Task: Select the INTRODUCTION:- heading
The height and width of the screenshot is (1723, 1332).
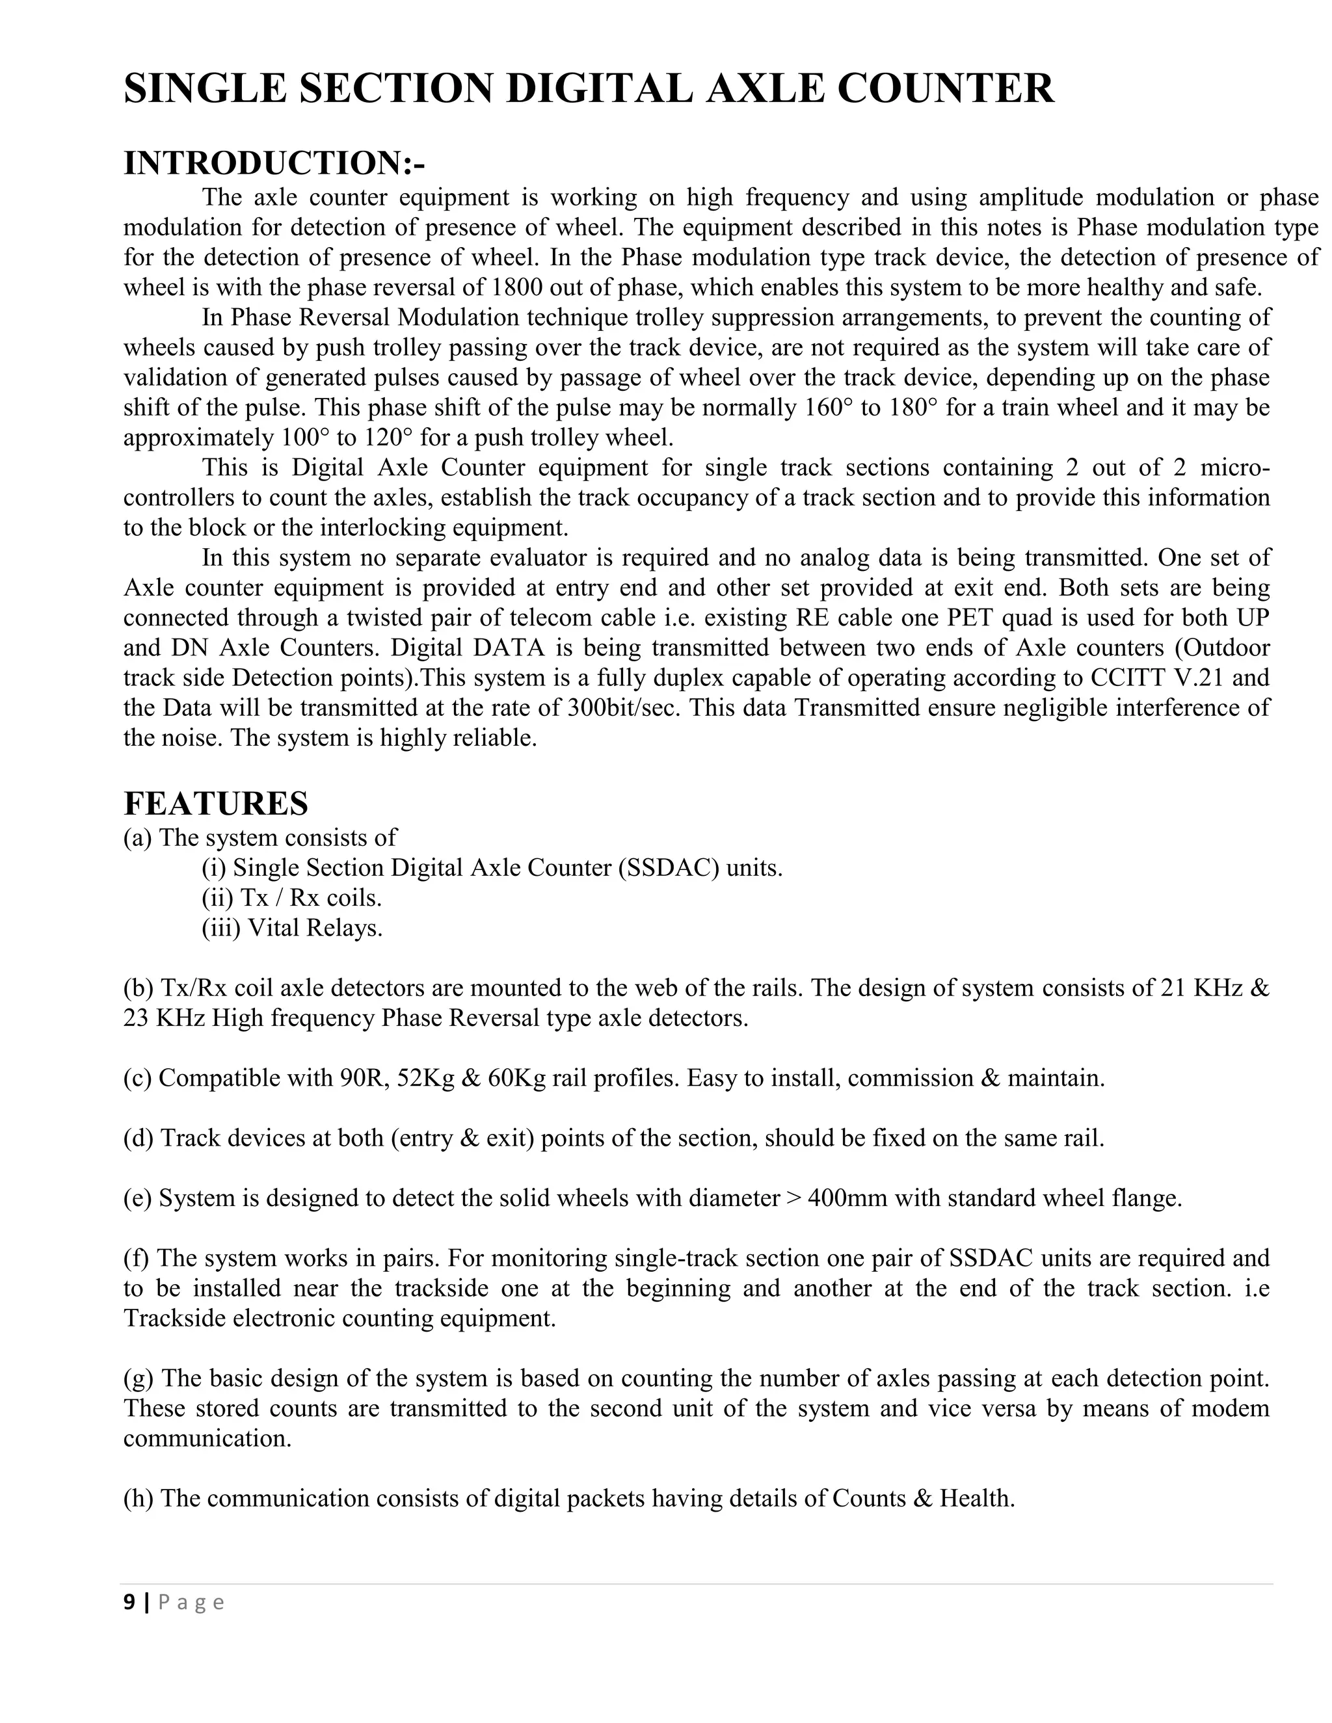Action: tap(274, 163)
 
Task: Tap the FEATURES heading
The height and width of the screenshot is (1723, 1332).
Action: tap(215, 803)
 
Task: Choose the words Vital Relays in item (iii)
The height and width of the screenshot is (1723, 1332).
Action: tap(315, 928)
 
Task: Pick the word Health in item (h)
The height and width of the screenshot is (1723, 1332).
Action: tap(976, 1498)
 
